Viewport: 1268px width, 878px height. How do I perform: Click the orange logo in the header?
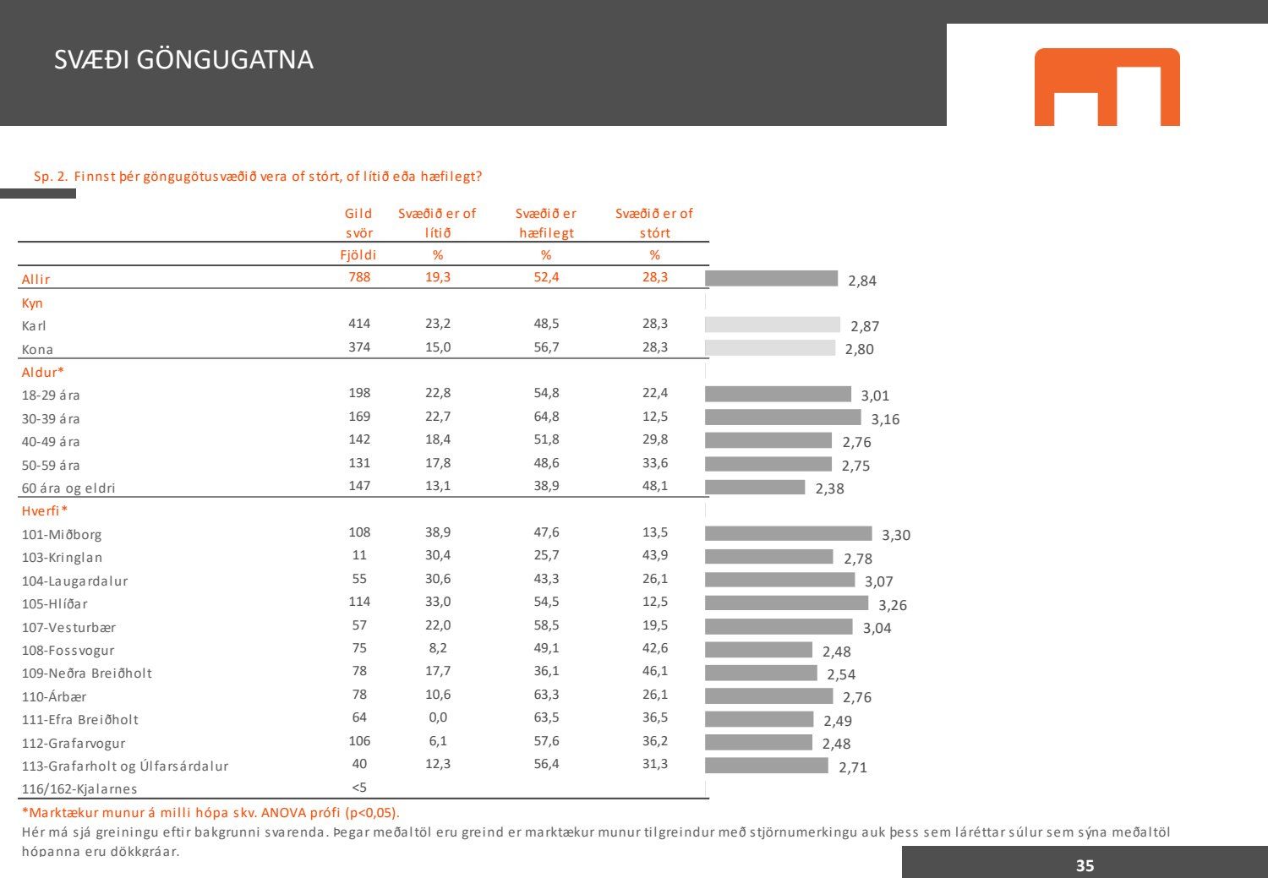coord(1107,87)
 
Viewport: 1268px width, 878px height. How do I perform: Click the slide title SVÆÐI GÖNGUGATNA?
coord(183,60)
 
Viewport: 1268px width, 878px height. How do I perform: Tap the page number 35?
coord(1085,865)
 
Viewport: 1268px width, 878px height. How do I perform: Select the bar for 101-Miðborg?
coord(788,533)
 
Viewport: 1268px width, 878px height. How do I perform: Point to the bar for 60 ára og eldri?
coord(755,487)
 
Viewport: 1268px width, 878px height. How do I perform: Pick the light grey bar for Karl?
coord(773,324)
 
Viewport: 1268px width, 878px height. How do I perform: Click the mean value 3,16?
coord(885,419)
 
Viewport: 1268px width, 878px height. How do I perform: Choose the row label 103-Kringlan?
coord(63,558)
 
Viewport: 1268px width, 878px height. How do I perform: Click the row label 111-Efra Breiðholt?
coord(80,720)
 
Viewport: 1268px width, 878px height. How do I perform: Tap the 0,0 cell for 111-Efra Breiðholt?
coord(438,717)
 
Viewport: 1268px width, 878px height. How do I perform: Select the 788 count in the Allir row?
coord(359,277)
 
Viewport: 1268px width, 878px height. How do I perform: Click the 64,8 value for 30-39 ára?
coord(546,417)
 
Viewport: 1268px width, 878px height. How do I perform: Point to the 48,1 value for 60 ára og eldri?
coord(654,486)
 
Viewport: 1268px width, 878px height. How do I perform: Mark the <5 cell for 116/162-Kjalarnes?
coord(359,788)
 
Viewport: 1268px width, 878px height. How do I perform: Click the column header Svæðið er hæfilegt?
coord(546,223)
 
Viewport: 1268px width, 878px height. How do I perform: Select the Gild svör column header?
coord(359,223)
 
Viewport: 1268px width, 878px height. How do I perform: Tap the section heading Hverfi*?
coord(44,511)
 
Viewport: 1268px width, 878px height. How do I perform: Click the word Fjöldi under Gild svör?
coord(359,255)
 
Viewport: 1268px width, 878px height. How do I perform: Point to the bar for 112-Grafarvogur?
coord(758,742)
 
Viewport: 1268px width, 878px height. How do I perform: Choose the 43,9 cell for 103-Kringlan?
coord(654,555)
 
